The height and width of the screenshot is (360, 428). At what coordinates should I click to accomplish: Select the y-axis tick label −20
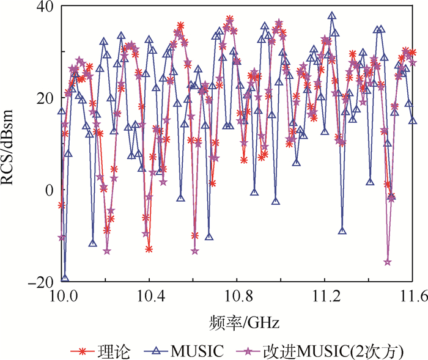pos(40,281)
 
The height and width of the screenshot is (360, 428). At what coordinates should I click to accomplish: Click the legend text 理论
pos(109,350)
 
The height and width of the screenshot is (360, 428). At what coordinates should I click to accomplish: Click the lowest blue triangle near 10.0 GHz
pos(65,279)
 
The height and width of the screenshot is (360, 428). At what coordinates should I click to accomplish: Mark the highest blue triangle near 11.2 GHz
pos(332,16)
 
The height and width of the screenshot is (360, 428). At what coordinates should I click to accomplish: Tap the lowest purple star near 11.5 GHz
pos(388,262)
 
